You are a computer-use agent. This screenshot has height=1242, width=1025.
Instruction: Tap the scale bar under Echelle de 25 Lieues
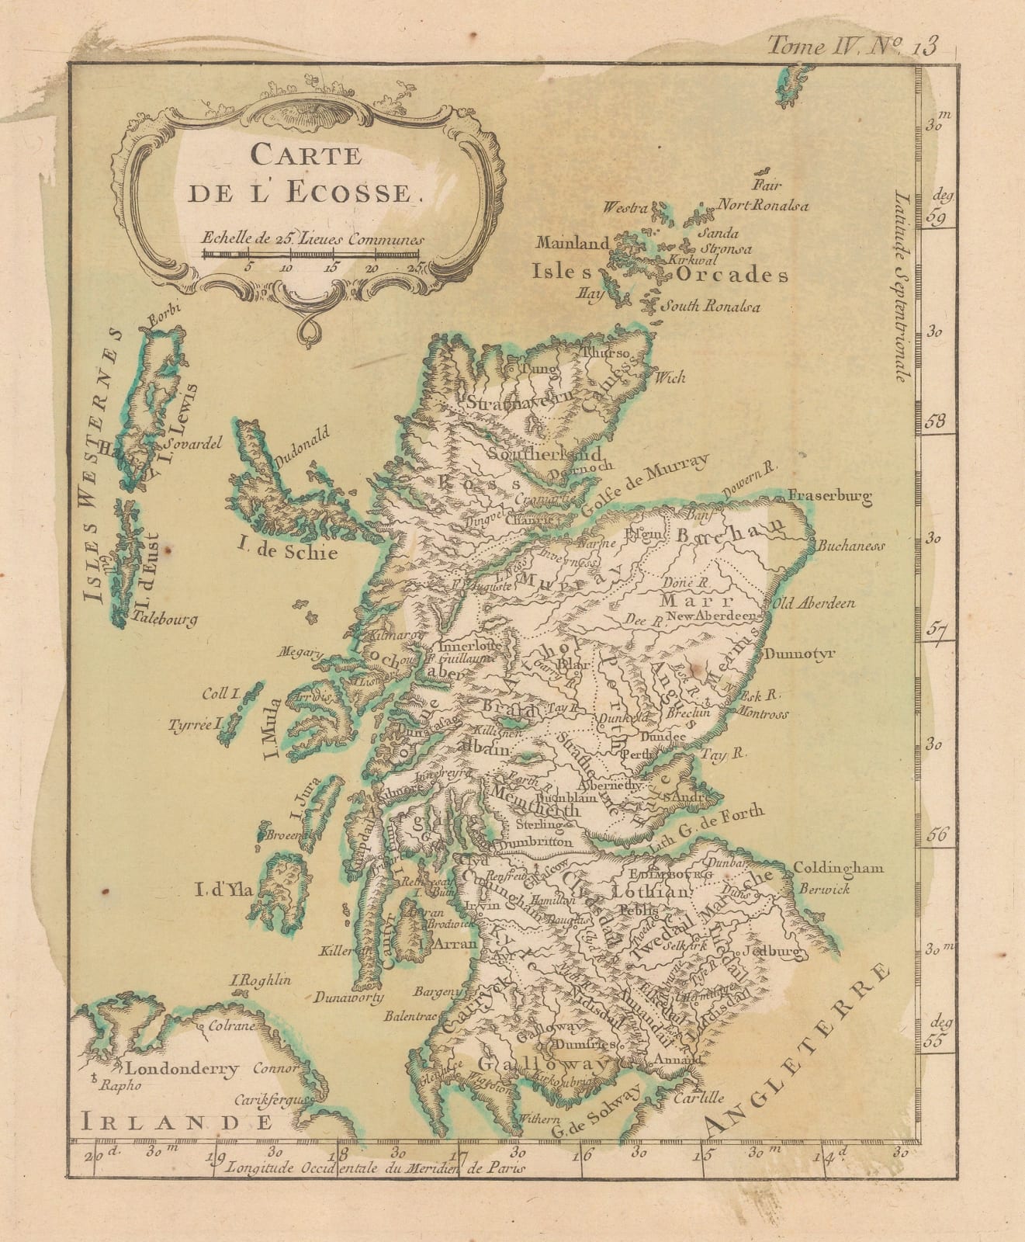tap(310, 253)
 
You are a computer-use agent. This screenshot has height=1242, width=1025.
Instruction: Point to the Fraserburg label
tap(829, 494)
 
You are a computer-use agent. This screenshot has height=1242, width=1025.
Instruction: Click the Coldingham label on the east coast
tap(839, 869)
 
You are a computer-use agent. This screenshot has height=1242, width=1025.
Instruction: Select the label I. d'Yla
tap(224, 891)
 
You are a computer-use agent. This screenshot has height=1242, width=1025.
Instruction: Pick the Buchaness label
tap(850, 546)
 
